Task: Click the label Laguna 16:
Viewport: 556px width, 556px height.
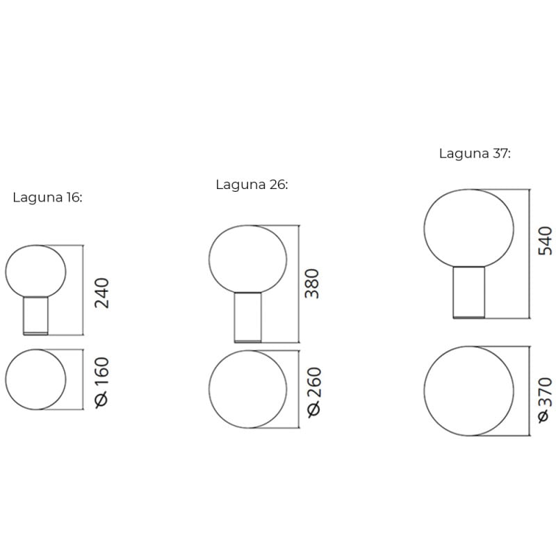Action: [47, 197]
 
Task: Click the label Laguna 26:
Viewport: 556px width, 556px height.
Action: [252, 184]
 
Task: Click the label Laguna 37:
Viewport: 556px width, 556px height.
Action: [475, 154]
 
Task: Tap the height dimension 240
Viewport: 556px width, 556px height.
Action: [101, 293]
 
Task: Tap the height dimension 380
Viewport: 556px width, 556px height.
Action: [313, 283]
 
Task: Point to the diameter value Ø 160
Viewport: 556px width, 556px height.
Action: [101, 381]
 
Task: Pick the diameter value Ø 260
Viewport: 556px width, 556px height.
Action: [313, 391]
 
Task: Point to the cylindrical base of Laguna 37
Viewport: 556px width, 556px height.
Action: [469, 293]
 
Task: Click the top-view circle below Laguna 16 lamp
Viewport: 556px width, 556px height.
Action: [35, 380]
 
